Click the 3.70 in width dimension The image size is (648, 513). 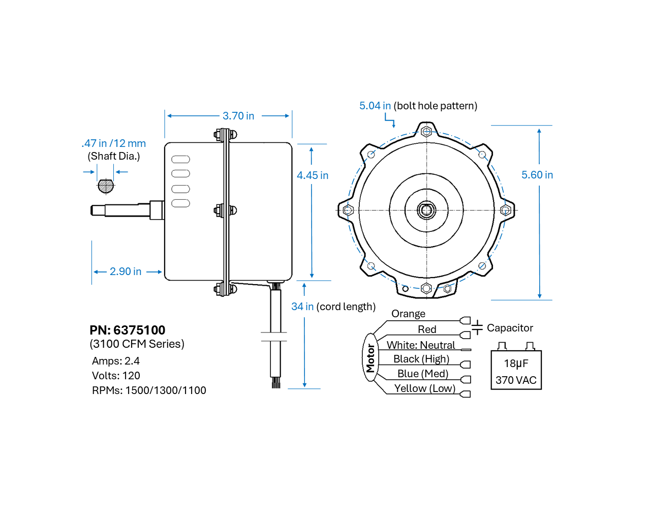[238, 116]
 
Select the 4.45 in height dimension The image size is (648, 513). [312, 175]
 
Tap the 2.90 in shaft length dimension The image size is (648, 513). [126, 271]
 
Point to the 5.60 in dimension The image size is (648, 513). [537, 175]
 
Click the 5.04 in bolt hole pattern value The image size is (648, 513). [375, 106]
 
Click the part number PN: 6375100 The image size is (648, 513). [128, 330]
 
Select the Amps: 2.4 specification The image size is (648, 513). [116, 361]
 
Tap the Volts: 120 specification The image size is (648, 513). [116, 376]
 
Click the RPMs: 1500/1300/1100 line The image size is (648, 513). [149, 390]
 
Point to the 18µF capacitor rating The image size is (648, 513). [516, 364]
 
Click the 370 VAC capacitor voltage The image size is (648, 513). [516, 380]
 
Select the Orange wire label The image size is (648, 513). [408, 314]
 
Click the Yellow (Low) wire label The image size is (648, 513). [424, 388]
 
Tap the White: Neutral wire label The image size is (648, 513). [421, 345]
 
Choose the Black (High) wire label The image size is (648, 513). [421, 359]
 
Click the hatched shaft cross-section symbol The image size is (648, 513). [106, 186]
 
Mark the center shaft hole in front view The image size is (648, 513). [426, 210]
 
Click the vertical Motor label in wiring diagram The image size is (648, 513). [371, 358]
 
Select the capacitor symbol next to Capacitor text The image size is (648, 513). [477, 327]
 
